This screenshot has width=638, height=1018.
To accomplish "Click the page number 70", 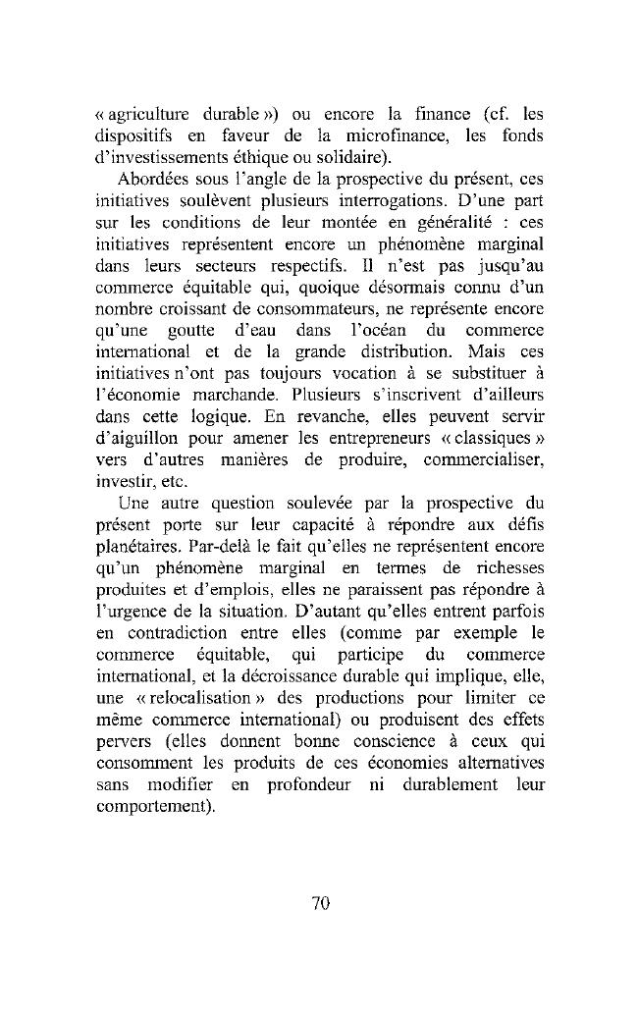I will [319, 904].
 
